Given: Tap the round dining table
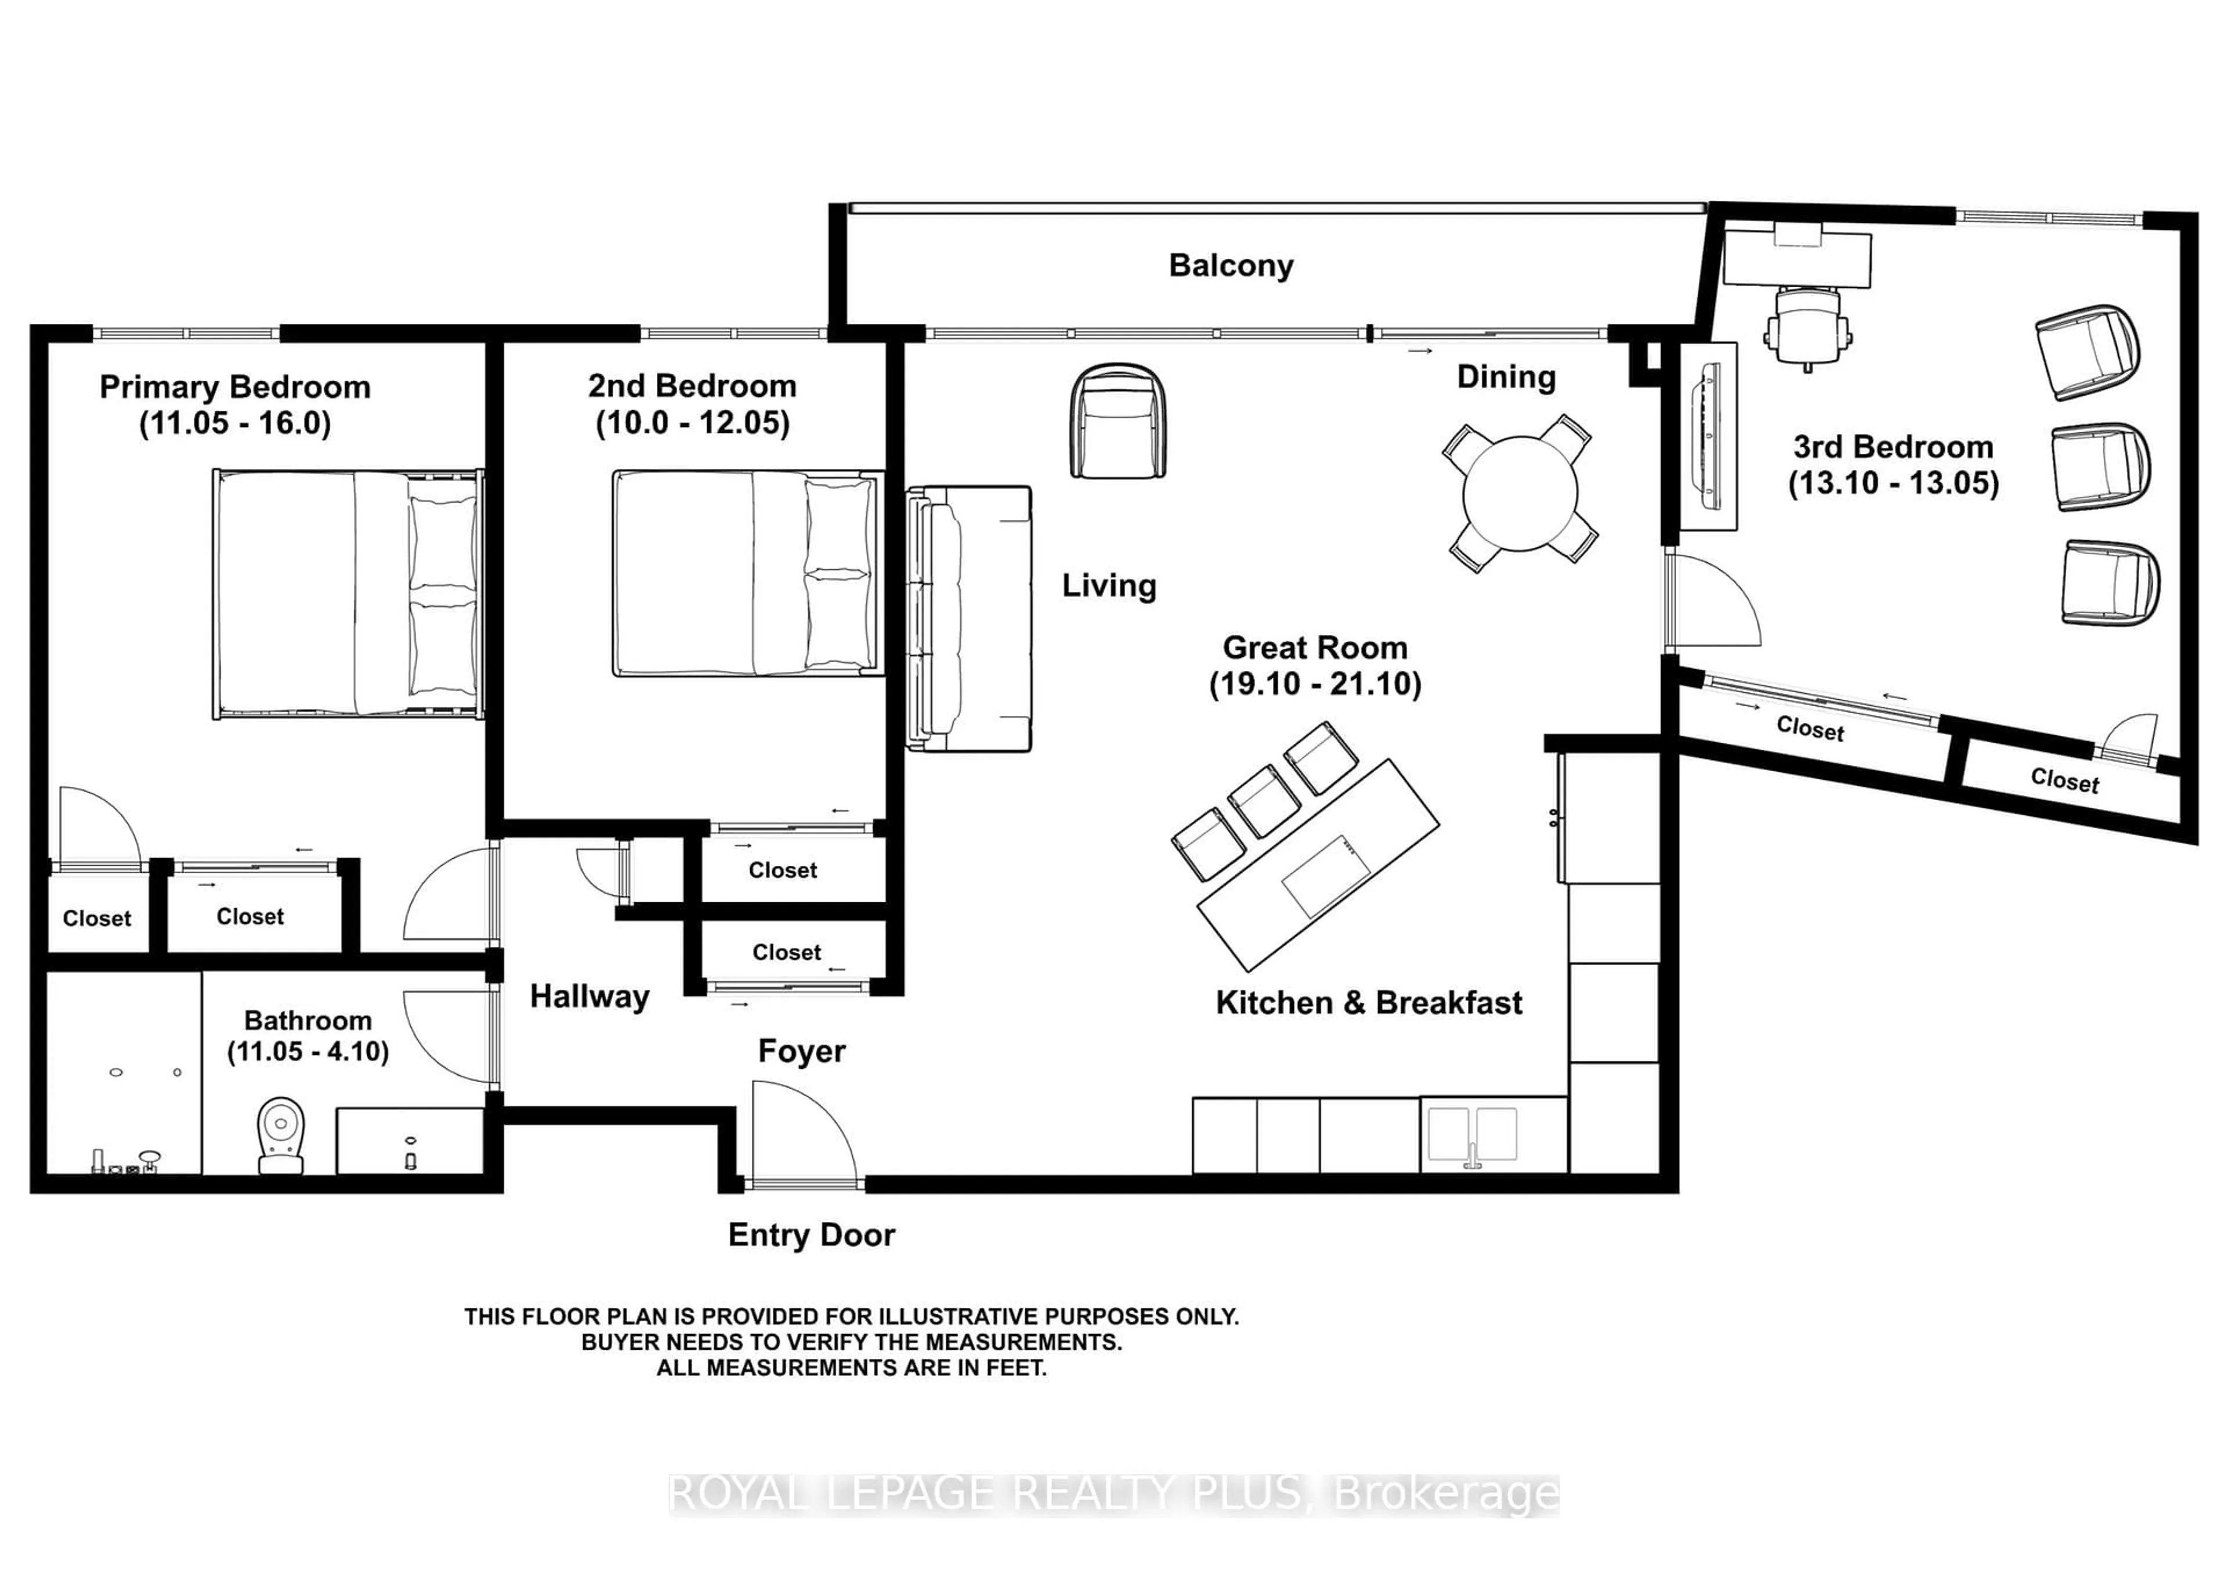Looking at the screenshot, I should click(1520, 493).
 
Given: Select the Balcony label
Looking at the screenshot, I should click(1231, 265).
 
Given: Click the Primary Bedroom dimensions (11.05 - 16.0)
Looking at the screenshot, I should click(235, 423).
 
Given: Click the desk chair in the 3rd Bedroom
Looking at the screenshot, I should click(1807, 326).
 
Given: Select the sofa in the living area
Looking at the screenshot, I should click(967, 619).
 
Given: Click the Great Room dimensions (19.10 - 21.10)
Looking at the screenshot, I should click(1315, 684).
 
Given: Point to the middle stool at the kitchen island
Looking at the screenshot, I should click(1264, 801).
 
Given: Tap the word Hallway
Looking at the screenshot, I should click(589, 997).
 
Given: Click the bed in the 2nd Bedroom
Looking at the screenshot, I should click(747, 573).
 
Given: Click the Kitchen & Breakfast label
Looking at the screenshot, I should click(1368, 1003).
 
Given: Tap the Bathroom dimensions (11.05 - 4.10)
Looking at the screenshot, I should click(308, 1052).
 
